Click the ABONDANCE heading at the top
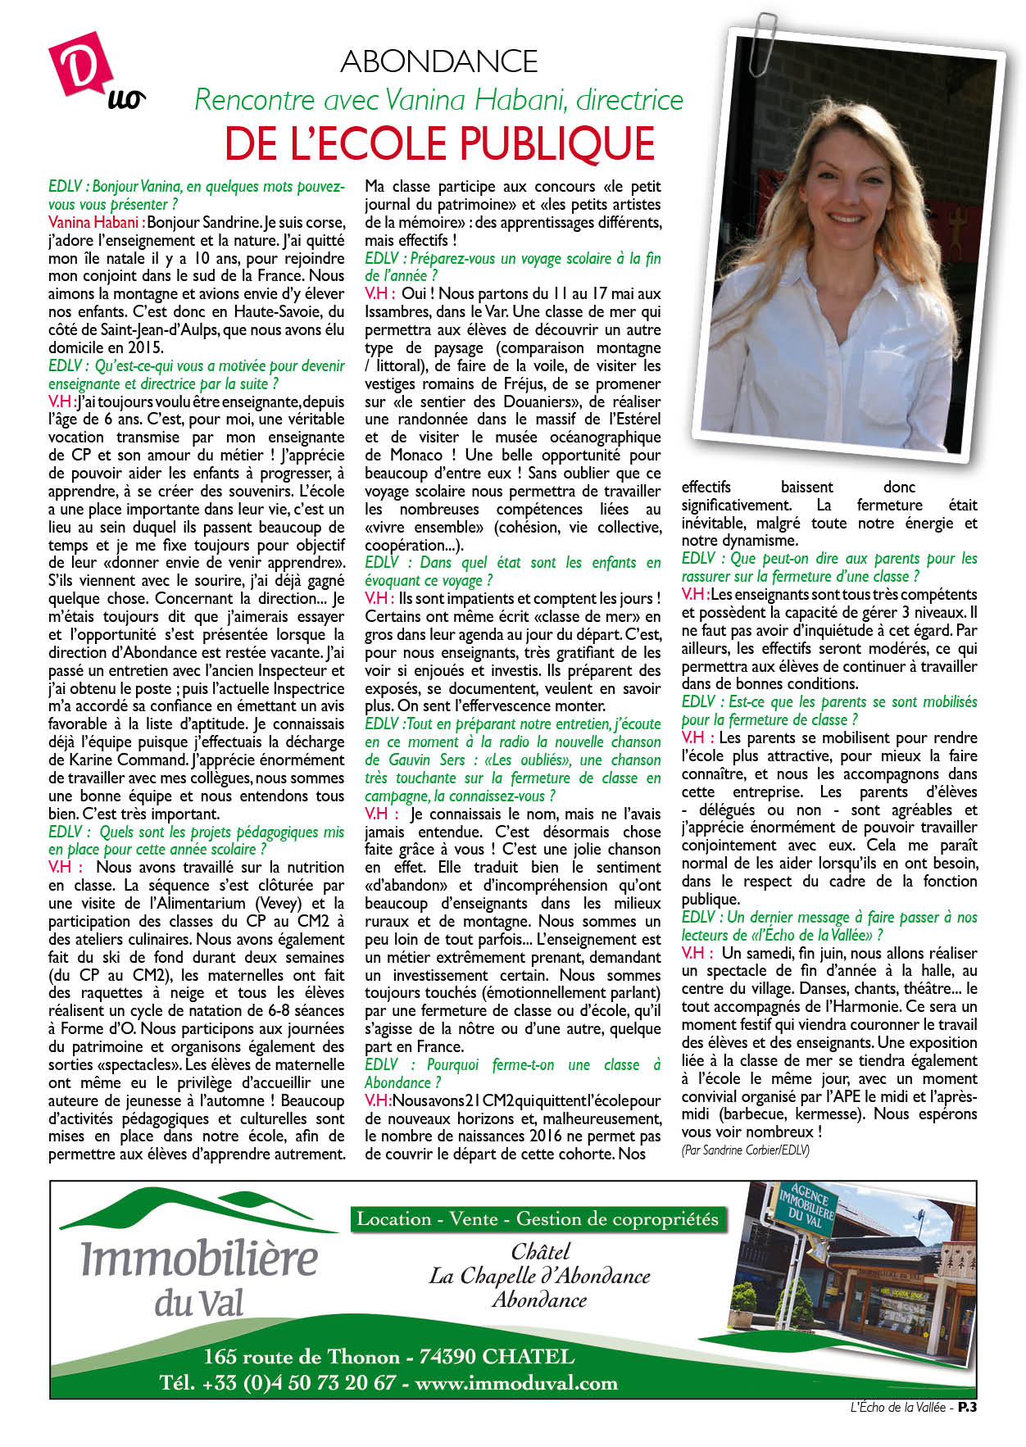tap(439, 61)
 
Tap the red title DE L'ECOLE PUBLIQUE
tap(440, 143)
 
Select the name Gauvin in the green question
tap(393, 760)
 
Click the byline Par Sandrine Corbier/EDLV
tap(744, 1150)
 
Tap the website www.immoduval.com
tap(516, 1383)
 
